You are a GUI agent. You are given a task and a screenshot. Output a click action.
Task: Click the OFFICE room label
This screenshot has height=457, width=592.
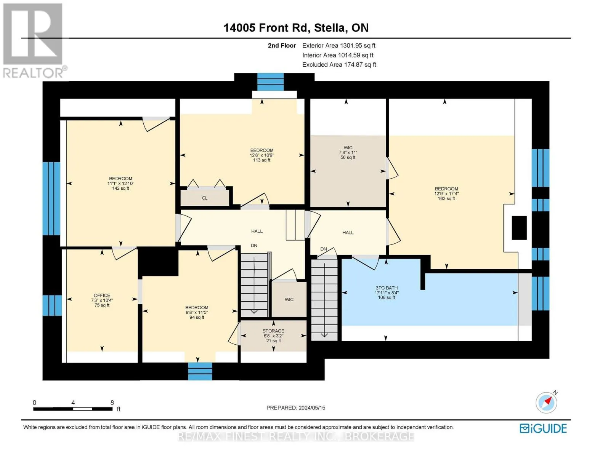coord(102,295)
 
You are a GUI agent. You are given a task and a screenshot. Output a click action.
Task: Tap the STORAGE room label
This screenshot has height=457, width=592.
coord(273,331)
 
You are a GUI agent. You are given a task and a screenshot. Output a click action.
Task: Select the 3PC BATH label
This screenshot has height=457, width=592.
coord(386,288)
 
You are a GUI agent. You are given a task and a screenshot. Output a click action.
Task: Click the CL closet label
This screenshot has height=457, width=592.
coord(205,198)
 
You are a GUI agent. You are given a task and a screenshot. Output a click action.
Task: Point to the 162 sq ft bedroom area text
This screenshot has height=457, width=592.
coord(446,198)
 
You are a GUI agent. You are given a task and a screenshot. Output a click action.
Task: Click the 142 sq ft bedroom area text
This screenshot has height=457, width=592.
coord(120,188)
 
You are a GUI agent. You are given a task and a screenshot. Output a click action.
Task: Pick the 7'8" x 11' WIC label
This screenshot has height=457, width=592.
coord(348,152)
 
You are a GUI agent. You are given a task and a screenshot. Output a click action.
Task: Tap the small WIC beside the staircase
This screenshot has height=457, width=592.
coord(289,299)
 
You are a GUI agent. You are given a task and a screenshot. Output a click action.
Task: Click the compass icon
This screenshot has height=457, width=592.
coord(546,403)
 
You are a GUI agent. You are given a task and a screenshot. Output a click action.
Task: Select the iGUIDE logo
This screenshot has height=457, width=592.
coord(543,428)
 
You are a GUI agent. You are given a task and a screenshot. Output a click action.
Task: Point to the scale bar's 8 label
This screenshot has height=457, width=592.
coord(112,402)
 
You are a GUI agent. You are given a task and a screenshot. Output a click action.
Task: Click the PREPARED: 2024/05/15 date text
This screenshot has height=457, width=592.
coord(295,408)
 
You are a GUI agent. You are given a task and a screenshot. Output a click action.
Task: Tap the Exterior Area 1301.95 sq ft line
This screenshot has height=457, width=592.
coord(339,45)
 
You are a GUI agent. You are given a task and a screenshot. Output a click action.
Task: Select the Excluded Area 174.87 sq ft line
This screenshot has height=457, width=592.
coord(339,64)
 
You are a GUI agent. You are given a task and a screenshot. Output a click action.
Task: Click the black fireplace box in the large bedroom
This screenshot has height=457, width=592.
coord(519,228)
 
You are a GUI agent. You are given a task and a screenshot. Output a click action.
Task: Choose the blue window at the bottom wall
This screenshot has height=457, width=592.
coord(200,371)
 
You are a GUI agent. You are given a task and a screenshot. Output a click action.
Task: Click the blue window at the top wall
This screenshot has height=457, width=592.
coord(270,82)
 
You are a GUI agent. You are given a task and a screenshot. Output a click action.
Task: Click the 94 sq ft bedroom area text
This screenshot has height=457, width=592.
coord(197,317)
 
